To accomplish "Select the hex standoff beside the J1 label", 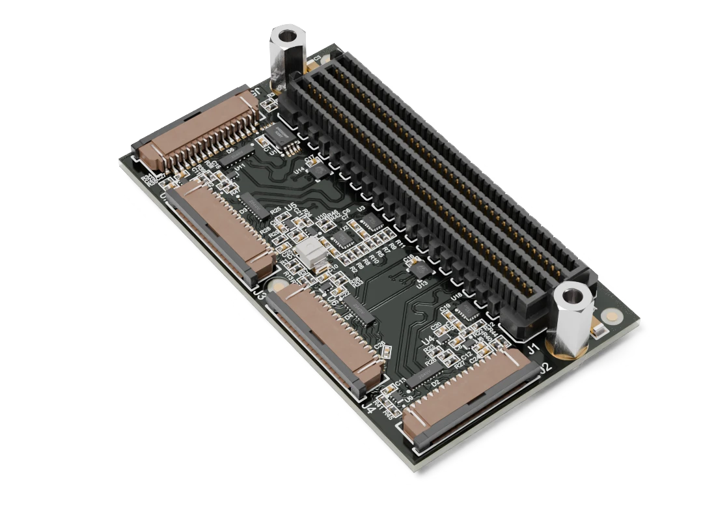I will point(572,319).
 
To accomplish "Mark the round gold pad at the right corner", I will point(611,317).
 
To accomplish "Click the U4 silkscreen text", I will point(428,341).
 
